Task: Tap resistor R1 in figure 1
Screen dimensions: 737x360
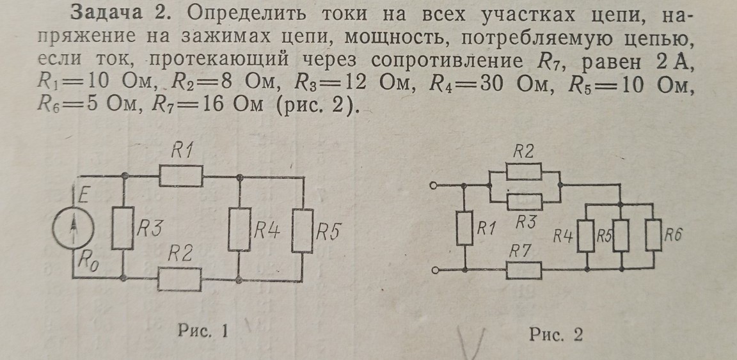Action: [x=181, y=175]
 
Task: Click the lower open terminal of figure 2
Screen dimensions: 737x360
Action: [x=436, y=271]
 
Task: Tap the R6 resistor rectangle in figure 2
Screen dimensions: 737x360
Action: [x=653, y=235]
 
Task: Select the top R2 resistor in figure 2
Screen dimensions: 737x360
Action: [x=524, y=171]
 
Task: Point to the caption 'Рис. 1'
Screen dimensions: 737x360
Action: [x=203, y=331]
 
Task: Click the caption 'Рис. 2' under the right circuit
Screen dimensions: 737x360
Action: [x=556, y=335]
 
